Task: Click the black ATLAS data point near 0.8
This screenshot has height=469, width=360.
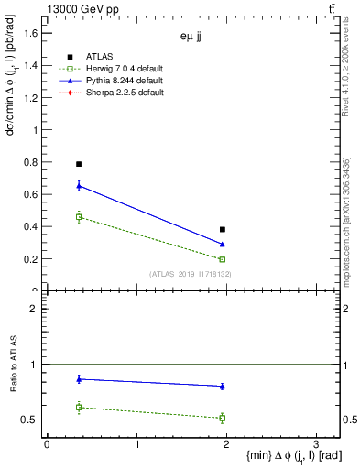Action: point(79,164)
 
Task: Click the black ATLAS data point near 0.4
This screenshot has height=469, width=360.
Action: point(223,229)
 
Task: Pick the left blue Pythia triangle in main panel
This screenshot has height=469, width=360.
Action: point(79,186)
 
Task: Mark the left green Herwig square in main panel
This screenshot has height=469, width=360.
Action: point(79,217)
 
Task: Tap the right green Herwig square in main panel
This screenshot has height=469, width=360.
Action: point(223,259)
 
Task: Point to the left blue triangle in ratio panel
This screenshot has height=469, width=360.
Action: point(79,378)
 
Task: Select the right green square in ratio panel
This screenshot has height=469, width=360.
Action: point(223,418)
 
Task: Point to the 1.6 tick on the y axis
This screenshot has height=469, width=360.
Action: point(33,33)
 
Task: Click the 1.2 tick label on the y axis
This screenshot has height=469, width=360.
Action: point(33,98)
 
